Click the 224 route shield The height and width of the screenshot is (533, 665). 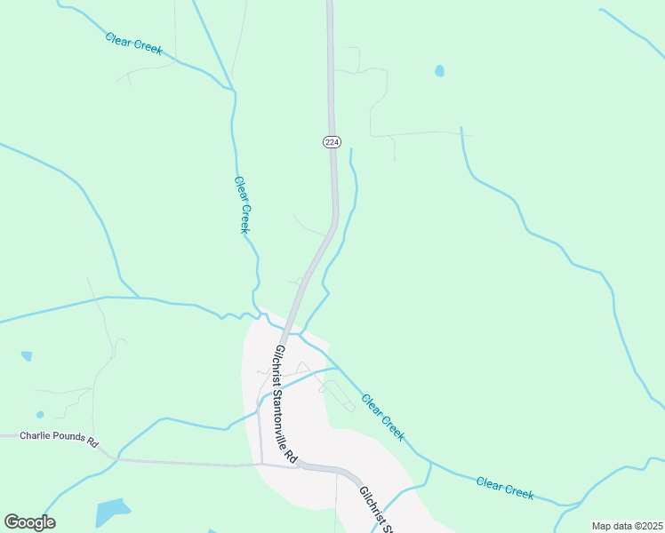click(332, 142)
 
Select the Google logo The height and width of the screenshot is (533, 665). click(29, 522)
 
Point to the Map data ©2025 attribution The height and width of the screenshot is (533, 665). click(626, 526)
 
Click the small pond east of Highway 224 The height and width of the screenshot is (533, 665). click(439, 71)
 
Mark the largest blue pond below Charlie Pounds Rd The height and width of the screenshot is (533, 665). click(112, 513)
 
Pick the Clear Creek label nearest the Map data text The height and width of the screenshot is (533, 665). click(504, 488)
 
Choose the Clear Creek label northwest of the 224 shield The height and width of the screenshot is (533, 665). click(133, 43)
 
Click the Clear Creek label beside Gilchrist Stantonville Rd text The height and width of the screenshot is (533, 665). click(383, 416)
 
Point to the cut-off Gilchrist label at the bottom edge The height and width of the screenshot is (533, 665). click(376, 510)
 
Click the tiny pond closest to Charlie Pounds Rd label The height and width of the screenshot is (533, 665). click(40, 415)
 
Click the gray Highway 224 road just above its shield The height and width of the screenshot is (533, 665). click(331, 111)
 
